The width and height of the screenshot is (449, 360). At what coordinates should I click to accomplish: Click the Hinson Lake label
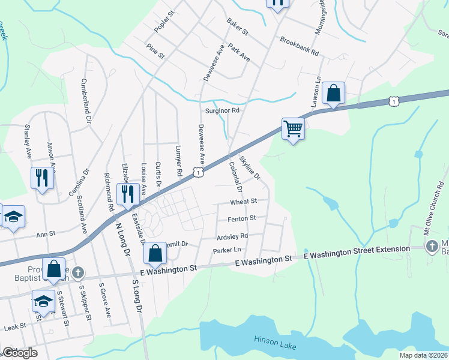coord(275,341)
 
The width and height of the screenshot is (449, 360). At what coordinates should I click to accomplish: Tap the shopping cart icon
coord(293,128)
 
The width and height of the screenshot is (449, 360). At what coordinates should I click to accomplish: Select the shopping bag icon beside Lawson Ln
coord(333,94)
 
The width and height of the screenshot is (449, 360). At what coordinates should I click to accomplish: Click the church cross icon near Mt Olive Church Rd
coord(432,246)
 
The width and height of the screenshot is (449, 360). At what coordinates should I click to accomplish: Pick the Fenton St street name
coord(242,218)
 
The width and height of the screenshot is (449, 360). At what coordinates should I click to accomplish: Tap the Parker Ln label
coord(228,250)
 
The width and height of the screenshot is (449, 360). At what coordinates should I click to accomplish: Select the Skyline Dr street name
coord(250,168)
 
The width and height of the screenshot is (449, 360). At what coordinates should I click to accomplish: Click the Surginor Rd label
coord(222,110)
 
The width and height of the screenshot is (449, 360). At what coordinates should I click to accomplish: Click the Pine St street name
coord(155,51)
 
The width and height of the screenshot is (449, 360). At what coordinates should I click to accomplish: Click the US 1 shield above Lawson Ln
coord(393,101)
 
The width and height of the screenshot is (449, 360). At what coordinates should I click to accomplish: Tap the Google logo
coord(20,353)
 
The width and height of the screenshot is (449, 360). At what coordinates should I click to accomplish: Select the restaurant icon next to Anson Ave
coord(41,178)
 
